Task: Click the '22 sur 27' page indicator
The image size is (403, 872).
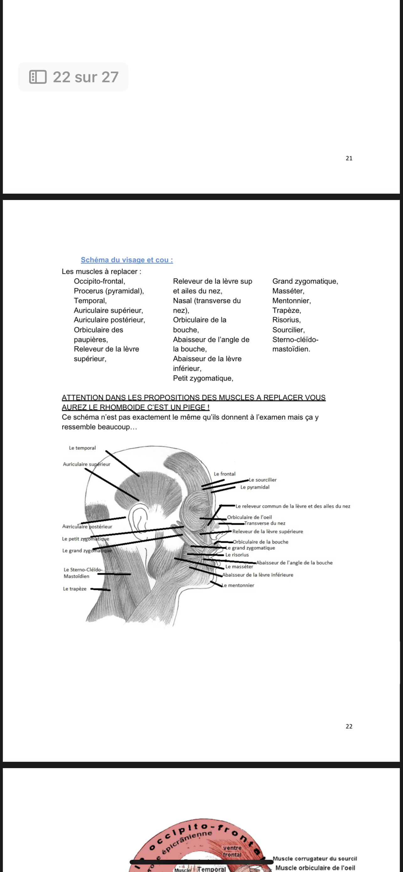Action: click(85, 77)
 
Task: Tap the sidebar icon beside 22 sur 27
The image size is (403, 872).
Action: click(38, 77)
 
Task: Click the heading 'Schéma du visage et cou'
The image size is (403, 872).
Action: click(126, 260)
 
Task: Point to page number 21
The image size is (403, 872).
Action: click(349, 158)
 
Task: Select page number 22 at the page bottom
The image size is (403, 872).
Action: click(349, 726)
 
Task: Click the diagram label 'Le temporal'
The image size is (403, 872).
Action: click(82, 448)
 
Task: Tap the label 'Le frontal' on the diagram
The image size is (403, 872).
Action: click(224, 474)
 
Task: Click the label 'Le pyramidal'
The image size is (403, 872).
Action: click(255, 487)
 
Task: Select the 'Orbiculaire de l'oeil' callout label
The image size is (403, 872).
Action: click(250, 517)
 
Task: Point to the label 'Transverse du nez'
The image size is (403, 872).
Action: click(265, 523)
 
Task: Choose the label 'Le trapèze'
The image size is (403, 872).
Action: click(74, 589)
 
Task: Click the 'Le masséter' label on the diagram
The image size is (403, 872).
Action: click(239, 567)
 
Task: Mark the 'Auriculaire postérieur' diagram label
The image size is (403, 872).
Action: click(87, 527)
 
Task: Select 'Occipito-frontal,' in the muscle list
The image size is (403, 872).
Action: click(99, 281)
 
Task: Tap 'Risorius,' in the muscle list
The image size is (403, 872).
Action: click(286, 320)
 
